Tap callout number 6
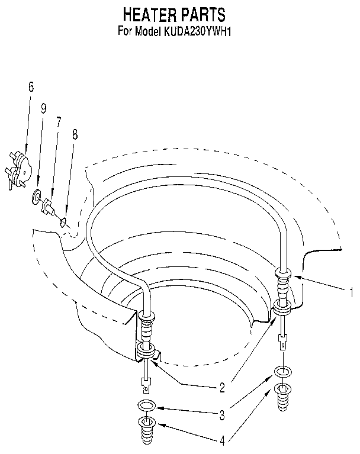click(x=31, y=87)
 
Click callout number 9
click(x=43, y=108)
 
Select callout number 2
click(x=222, y=389)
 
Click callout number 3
click(x=222, y=416)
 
